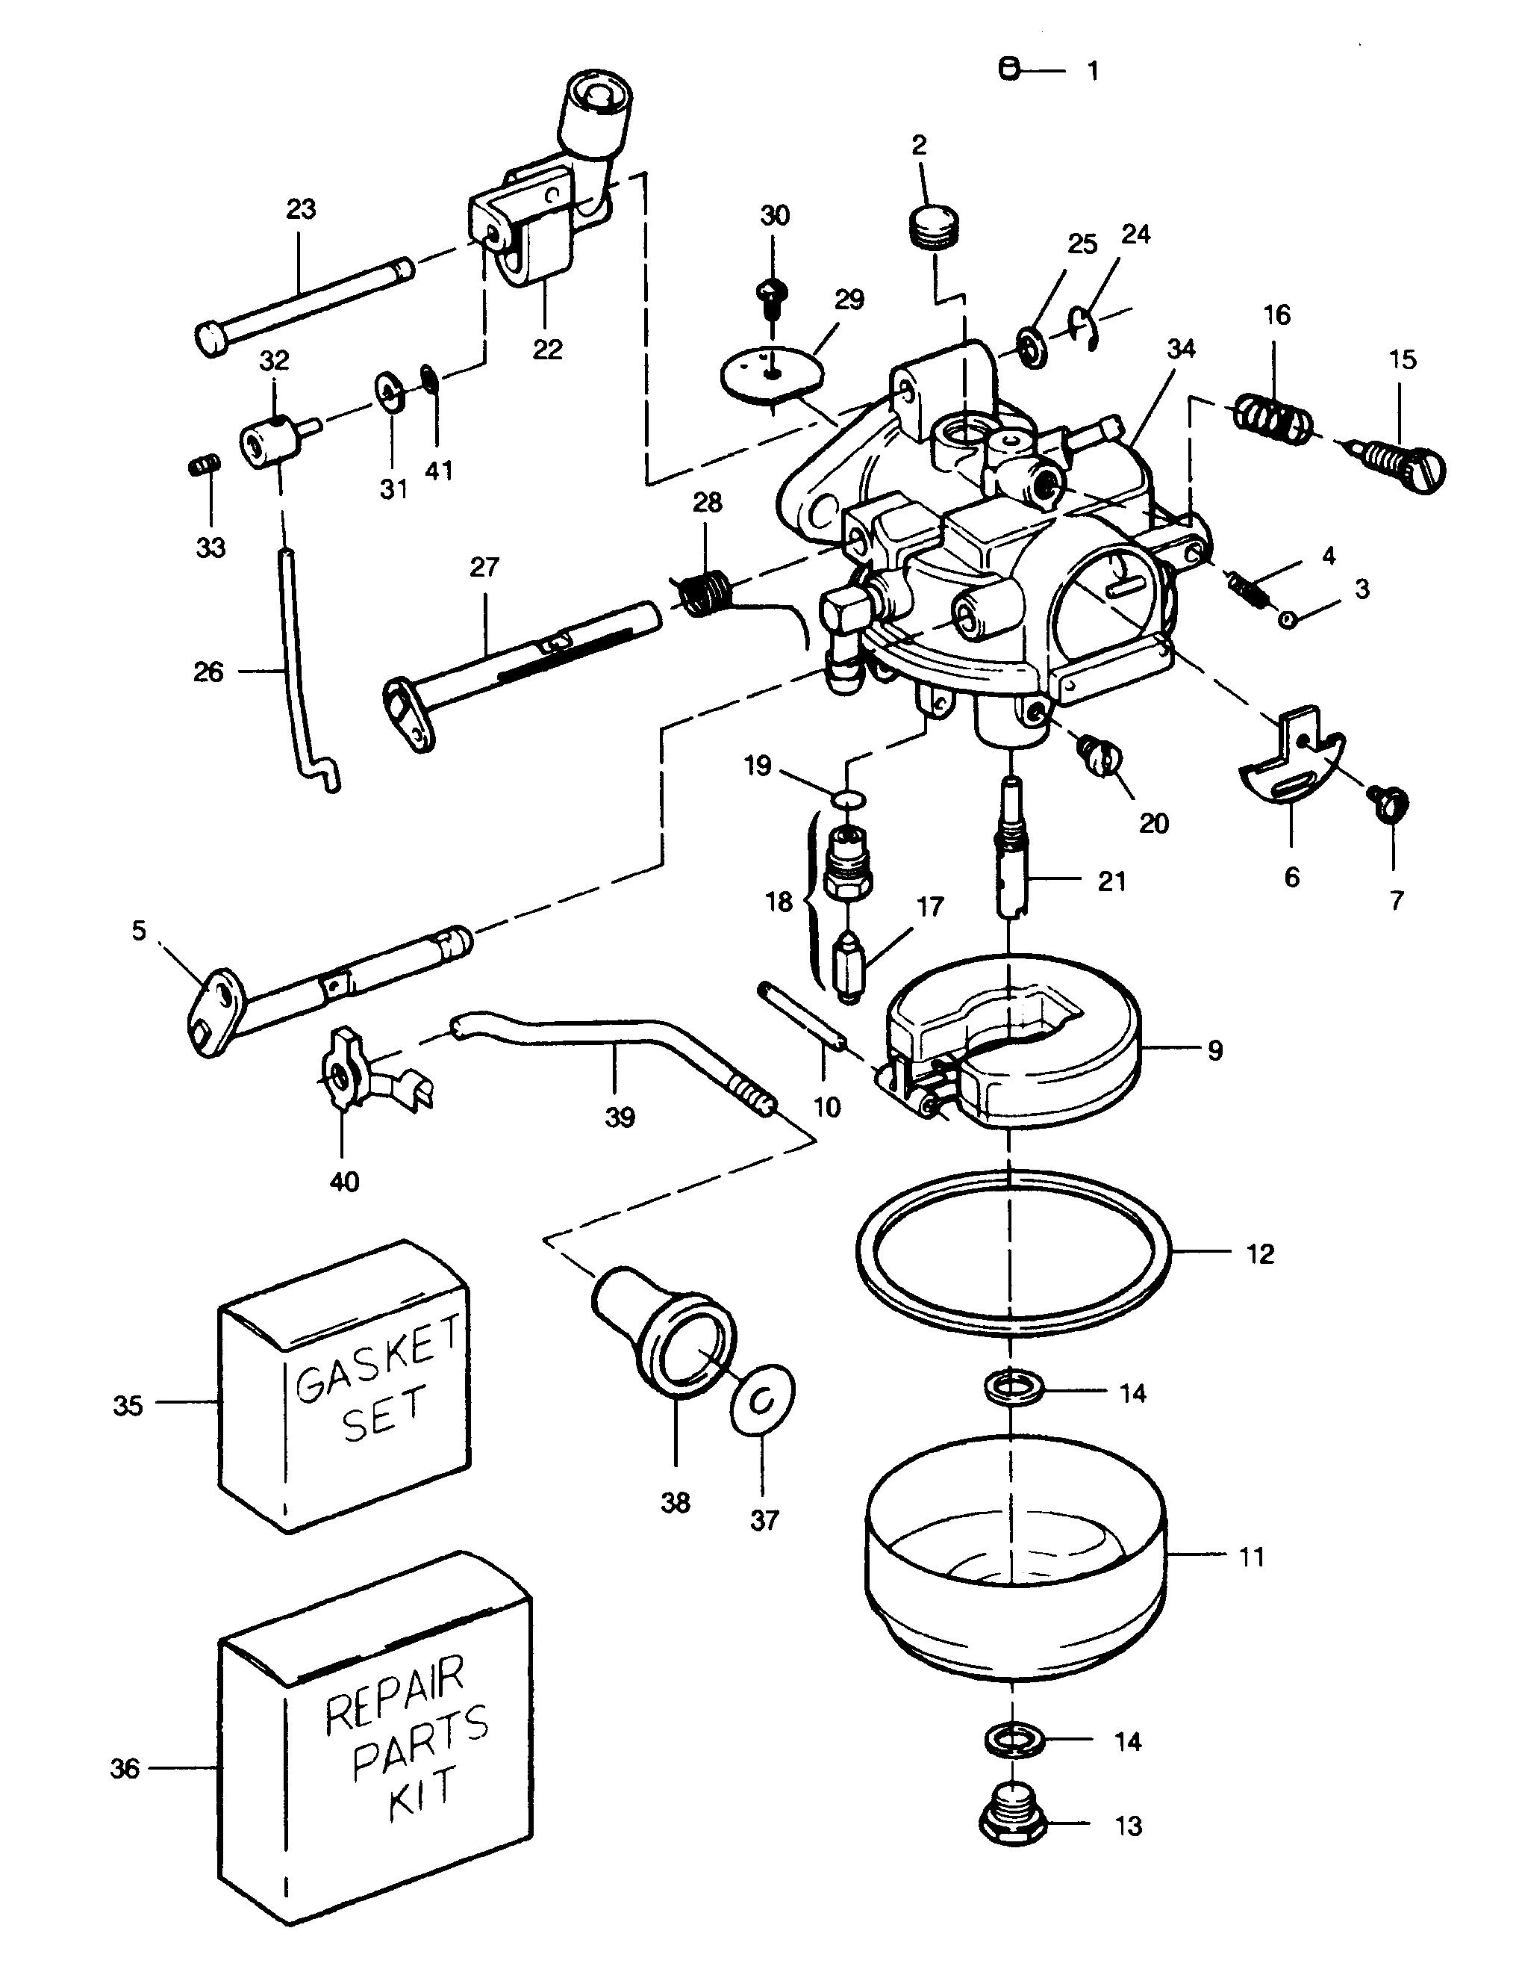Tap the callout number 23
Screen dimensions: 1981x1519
301,209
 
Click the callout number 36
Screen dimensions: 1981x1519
125,1767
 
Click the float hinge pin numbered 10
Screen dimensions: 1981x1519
802,1017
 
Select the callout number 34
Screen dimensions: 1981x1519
1181,348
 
